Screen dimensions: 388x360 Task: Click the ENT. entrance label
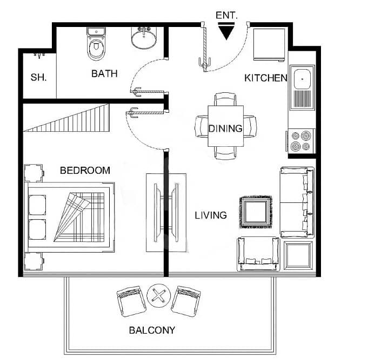coord(226,15)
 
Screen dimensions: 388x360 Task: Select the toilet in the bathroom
coord(96,44)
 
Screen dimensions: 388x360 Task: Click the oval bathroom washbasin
coord(144,38)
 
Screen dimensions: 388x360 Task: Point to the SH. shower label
coord(38,77)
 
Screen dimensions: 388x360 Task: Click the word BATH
coord(104,73)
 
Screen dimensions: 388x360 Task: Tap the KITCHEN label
coord(266,78)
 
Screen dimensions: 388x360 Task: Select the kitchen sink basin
coord(302,79)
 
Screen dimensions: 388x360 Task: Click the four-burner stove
coord(301,141)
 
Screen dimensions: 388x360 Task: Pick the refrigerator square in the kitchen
coord(269,44)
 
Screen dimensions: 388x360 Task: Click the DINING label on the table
coord(225,128)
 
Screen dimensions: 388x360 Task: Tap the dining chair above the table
coord(225,99)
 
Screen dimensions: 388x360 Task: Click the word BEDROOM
coord(85,171)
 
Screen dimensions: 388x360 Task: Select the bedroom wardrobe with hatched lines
coord(66,118)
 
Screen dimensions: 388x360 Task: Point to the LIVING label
coord(211,215)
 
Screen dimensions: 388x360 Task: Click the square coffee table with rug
coord(256,212)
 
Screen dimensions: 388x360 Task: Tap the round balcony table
coord(159,296)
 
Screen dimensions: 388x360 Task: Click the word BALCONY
coord(152,330)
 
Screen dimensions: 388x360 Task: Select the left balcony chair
coord(132,302)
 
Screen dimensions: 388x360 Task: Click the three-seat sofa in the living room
coord(297,202)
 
